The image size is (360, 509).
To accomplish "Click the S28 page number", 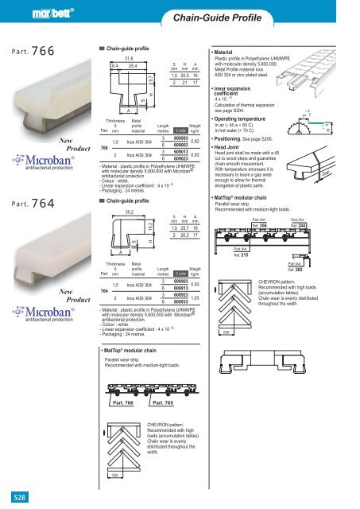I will click(x=15, y=498).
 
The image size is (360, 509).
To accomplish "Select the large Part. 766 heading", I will click(x=33, y=52).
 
